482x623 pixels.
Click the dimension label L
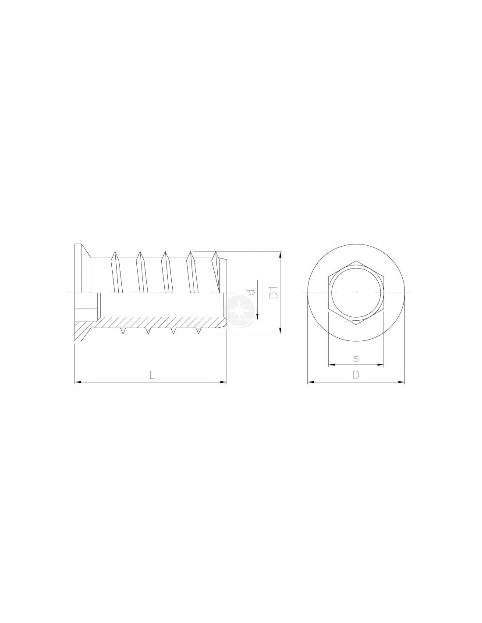[152, 375]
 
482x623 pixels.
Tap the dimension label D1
[273, 292]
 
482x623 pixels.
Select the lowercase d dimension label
[252, 292]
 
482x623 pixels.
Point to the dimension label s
[356, 358]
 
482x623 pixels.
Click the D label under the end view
[356, 375]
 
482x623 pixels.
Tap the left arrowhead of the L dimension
[78, 382]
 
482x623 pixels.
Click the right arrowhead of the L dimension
[223, 382]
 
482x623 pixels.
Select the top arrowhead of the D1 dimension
[280, 255]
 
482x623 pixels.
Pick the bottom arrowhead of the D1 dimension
[280, 330]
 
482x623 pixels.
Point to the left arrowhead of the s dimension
[332, 365]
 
